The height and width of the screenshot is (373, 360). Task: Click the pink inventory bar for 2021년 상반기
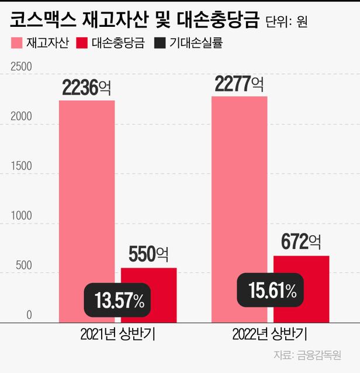86,193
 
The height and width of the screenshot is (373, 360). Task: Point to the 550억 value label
148,255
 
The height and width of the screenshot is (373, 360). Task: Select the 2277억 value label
239,83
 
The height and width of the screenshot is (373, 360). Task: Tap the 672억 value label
302,241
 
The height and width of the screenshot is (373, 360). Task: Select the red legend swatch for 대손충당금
82,43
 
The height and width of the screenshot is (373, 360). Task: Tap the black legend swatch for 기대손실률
160,43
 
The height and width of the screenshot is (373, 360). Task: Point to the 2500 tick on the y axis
21,67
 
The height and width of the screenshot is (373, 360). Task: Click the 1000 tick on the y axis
21,216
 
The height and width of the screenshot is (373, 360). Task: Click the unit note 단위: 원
286,22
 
